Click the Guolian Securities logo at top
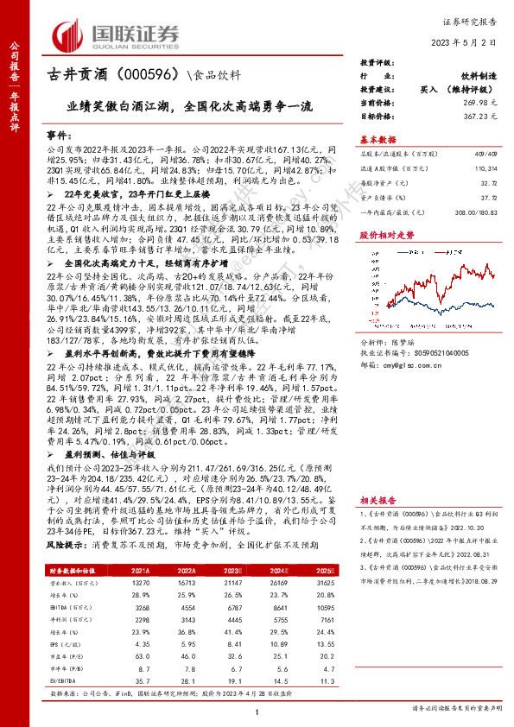[117, 35]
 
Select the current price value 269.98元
[479, 102]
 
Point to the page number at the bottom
[258, 710]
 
